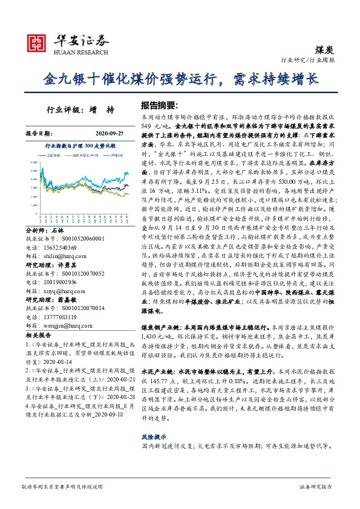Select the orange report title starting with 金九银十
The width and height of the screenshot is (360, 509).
click(180, 79)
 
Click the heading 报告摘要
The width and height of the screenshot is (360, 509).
click(160, 105)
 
